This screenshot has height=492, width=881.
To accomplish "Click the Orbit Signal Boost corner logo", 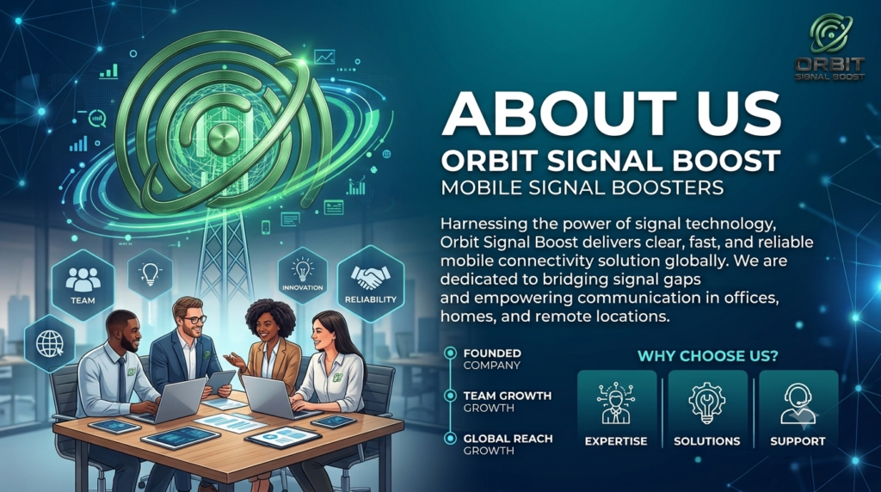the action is click(830, 47).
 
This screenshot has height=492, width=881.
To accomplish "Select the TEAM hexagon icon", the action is click(83, 284).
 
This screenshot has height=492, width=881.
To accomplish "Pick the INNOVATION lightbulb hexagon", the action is click(302, 276).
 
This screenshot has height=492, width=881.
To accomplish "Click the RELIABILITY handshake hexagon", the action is click(370, 284).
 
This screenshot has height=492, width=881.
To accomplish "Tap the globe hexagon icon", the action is click(49, 344).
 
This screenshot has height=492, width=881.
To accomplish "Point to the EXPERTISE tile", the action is click(616, 410).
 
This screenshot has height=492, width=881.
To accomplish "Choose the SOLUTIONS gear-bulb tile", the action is click(707, 410).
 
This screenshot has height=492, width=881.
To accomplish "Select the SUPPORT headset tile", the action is click(798, 410).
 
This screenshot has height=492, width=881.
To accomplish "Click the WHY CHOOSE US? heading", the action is click(707, 355).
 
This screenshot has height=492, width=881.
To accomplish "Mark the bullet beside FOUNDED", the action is click(450, 353).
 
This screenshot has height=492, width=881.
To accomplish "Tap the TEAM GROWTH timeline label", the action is click(508, 396).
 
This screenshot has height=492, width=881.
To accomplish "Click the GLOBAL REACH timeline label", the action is click(508, 438).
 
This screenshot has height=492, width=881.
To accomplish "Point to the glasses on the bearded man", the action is click(194, 320).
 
